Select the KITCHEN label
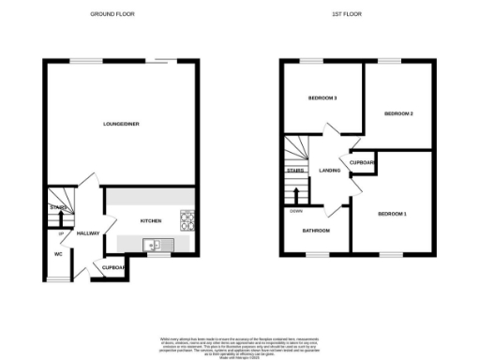pos(151,221)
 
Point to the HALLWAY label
pos(88,233)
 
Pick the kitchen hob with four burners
pos(187,221)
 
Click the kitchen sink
pos(151,245)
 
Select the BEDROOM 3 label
pos(322,98)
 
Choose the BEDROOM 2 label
pos(398,113)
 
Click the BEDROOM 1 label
pos(392,214)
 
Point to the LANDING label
pos(329,171)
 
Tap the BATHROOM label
pos(315,230)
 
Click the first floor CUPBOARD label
pos(363,163)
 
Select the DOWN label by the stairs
pos(295,211)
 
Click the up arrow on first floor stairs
pos(297,194)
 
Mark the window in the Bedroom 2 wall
pos(388,62)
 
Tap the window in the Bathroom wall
pos(316,254)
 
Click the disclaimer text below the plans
pos(239,342)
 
